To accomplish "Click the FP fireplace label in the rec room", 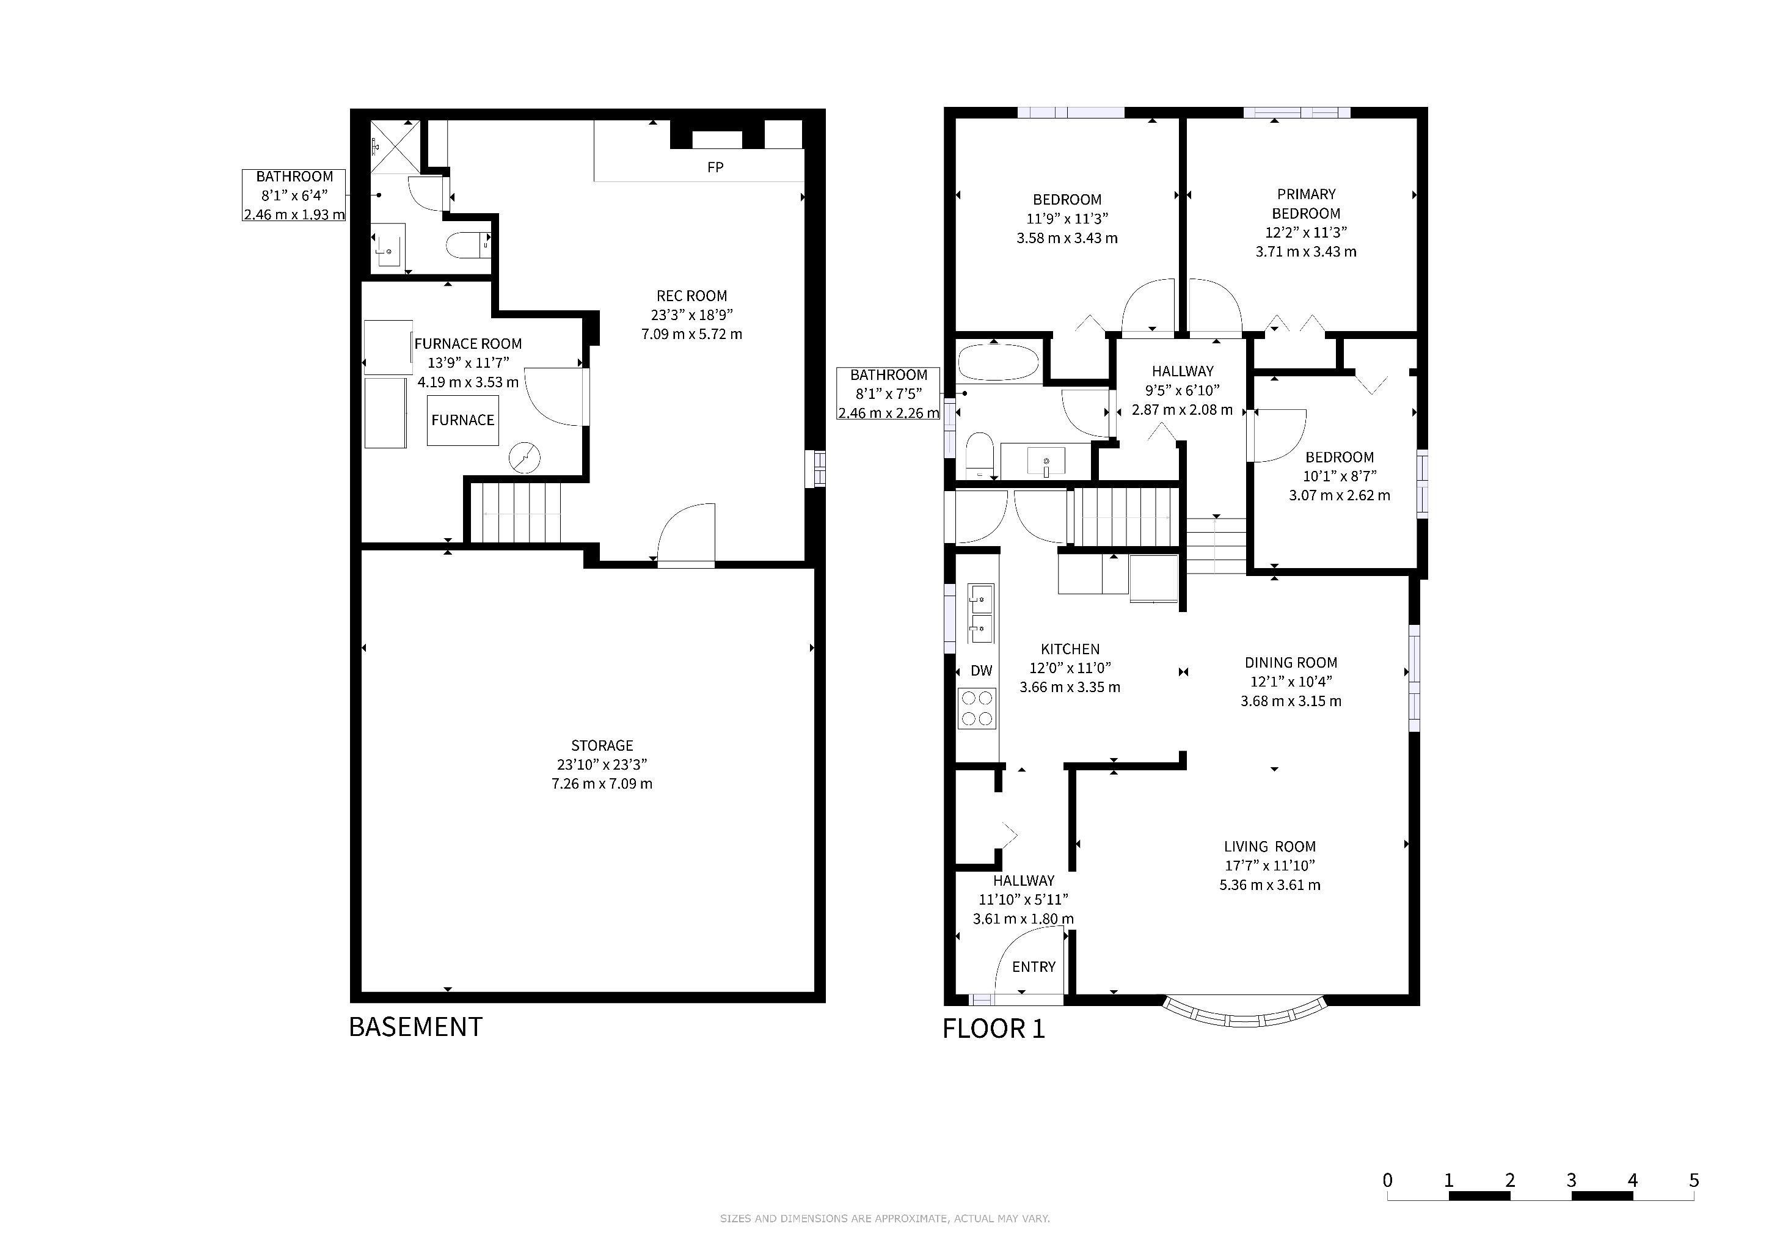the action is coord(715,167).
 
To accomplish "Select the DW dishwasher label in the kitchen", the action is coord(982,671).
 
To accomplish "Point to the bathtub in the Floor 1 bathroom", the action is coord(999,362).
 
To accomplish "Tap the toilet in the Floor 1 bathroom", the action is coord(980,455).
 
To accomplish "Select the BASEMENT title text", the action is coord(415,1027).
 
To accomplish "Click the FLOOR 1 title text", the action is coord(994,1029).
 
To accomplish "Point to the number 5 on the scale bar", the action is coord(1693,1180).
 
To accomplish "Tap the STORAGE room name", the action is coord(602,746).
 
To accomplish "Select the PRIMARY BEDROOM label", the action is coord(1306,204).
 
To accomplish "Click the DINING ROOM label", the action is coord(1291,663).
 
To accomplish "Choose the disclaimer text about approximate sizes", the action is coord(884,1219).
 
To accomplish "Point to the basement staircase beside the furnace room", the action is coord(516,513).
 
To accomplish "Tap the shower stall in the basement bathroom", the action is coord(395,147).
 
